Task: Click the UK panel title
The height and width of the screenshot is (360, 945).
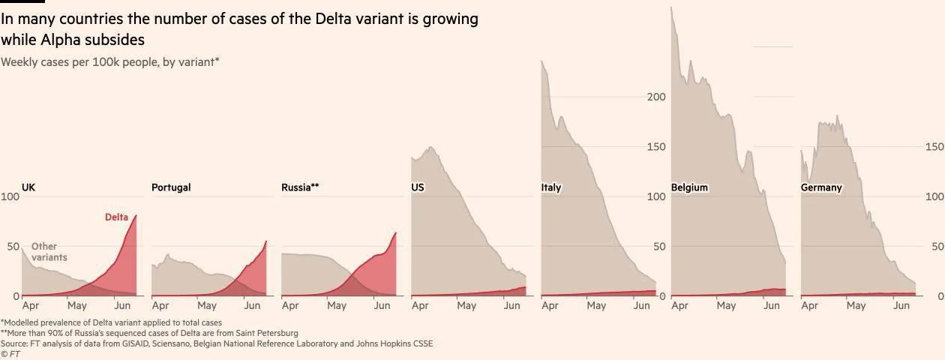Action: [x=28, y=187]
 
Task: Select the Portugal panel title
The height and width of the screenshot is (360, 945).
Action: [x=171, y=187]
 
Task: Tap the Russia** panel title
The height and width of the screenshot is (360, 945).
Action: [x=300, y=187]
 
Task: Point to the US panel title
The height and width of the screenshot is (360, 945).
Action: [x=418, y=187]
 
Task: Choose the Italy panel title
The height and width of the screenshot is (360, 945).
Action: [x=551, y=187]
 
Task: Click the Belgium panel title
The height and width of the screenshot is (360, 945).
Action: [x=689, y=187]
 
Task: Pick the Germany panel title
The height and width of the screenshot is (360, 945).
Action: [x=821, y=187]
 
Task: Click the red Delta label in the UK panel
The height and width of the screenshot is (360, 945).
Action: [x=116, y=217]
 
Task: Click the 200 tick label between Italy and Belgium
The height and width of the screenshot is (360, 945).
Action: [x=656, y=97]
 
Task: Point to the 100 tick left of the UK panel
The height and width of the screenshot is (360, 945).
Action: [x=10, y=196]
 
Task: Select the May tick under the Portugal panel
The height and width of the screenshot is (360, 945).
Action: [x=207, y=306]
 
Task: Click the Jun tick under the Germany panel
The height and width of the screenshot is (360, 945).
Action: [x=901, y=306]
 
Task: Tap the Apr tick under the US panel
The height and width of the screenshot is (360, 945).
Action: [x=420, y=306]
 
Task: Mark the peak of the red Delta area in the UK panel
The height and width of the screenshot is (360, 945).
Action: [x=136, y=216]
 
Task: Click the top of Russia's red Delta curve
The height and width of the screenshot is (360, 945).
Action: [x=395, y=233]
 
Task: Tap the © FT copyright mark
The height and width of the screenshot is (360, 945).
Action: [x=10, y=354]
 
